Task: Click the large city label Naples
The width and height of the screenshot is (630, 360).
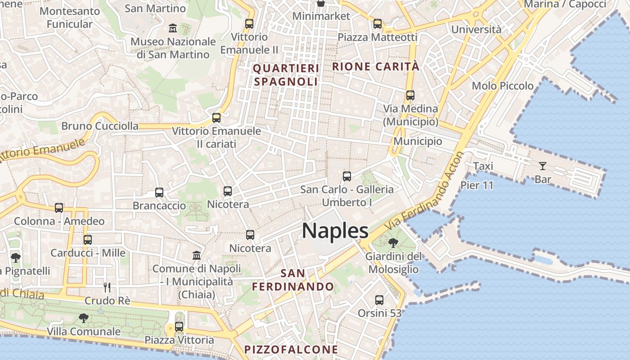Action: tap(335, 231)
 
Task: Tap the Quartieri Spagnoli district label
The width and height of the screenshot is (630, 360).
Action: tap(286, 75)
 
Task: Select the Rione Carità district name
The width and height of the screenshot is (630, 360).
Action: tap(376, 67)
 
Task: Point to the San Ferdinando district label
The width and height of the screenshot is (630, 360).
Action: tap(293, 280)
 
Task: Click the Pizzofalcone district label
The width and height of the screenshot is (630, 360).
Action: tap(291, 350)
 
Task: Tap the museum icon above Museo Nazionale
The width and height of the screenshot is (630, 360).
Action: tap(172, 29)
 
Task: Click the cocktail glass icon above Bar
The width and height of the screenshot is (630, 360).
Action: tap(543, 166)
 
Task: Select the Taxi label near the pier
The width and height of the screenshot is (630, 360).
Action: tap(483, 166)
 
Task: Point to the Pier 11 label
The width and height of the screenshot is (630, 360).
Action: tap(477, 185)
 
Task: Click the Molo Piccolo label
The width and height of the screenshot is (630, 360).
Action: tap(503, 85)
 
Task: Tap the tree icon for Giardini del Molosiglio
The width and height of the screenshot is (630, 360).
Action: tap(393, 243)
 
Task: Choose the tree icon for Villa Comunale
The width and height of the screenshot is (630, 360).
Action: tap(84, 318)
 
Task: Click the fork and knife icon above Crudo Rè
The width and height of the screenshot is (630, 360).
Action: tap(107, 287)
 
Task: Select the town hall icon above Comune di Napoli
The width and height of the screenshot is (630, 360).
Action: tap(197, 255)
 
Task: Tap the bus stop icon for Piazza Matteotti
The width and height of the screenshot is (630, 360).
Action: tap(378, 24)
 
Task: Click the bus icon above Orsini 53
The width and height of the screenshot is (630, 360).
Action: tap(379, 300)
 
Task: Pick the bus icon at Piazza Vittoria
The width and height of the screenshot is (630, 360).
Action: tap(179, 327)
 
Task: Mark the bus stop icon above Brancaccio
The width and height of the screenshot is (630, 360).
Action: tap(159, 193)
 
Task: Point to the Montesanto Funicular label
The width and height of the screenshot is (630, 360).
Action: tap(69, 17)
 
